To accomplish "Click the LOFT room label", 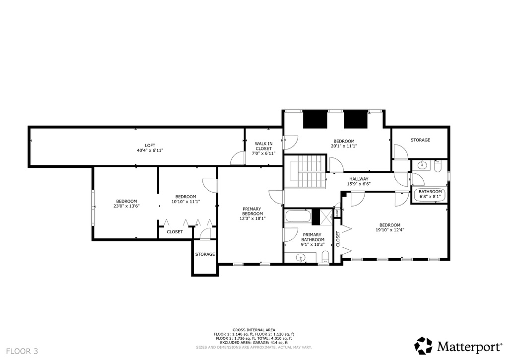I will pos(150,145).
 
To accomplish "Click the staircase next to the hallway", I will pos(306,172).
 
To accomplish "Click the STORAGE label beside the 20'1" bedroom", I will pos(420,140).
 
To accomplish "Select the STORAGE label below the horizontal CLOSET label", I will pos(205,254).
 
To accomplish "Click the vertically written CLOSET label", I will pos(338,239).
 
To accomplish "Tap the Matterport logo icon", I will pos(423,346).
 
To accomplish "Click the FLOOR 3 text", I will pos(22,351).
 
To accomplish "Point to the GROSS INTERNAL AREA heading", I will pos(254,330).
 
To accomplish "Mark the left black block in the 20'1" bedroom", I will pos(313,119).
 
